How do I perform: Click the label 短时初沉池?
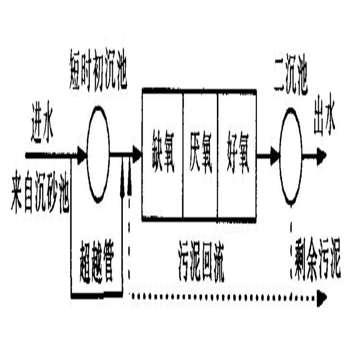coord(98,76)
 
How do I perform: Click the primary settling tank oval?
coord(98,154)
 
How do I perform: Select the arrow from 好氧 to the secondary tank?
coord(268,155)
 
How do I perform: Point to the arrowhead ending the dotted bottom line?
coord(321,298)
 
